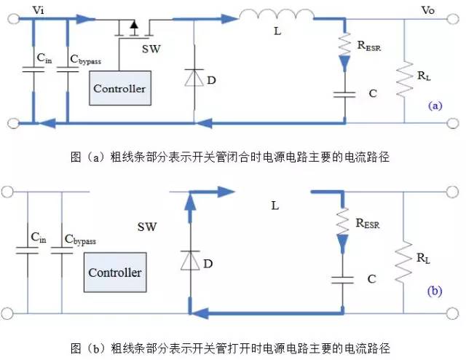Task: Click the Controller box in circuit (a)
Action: point(119,88)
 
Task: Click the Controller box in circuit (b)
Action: point(114,272)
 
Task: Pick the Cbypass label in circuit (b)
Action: point(79,239)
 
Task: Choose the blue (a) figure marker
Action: point(435,106)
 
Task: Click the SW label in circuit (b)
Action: point(147,227)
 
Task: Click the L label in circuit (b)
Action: point(275,206)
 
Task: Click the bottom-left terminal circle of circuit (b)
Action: point(9,313)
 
